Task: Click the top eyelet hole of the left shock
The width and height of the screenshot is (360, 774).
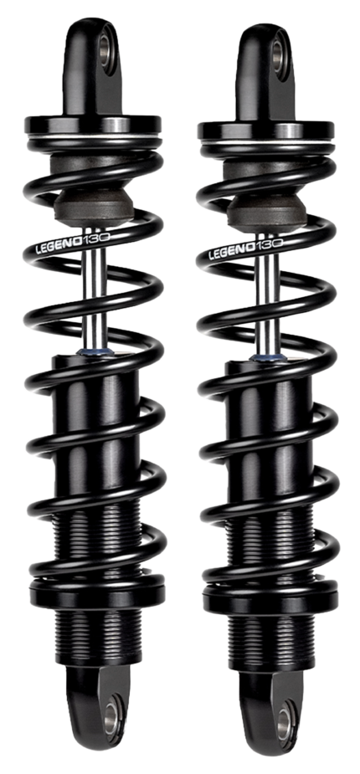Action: [x=108, y=44]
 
